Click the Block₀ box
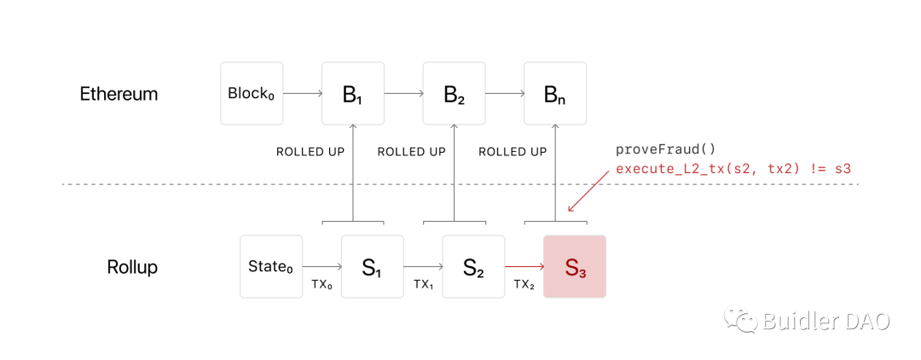click(x=252, y=93)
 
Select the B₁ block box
click(x=353, y=93)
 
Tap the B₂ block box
click(x=454, y=93)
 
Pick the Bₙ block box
click(x=555, y=93)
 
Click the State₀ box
click(x=271, y=267)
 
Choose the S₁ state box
click(x=373, y=267)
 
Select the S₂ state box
click(x=473, y=267)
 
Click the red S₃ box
click(x=575, y=267)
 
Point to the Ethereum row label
click(x=119, y=94)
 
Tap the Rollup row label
click(x=132, y=267)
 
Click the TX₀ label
click(x=321, y=284)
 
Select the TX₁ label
click(x=423, y=284)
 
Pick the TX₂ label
click(x=524, y=284)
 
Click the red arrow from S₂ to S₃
click(x=524, y=267)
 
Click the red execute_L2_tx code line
click(x=733, y=169)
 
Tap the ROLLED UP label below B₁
click(x=310, y=152)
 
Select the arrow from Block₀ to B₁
click(x=302, y=93)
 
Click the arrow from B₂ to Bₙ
click(x=505, y=93)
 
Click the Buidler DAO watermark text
click(x=825, y=321)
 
